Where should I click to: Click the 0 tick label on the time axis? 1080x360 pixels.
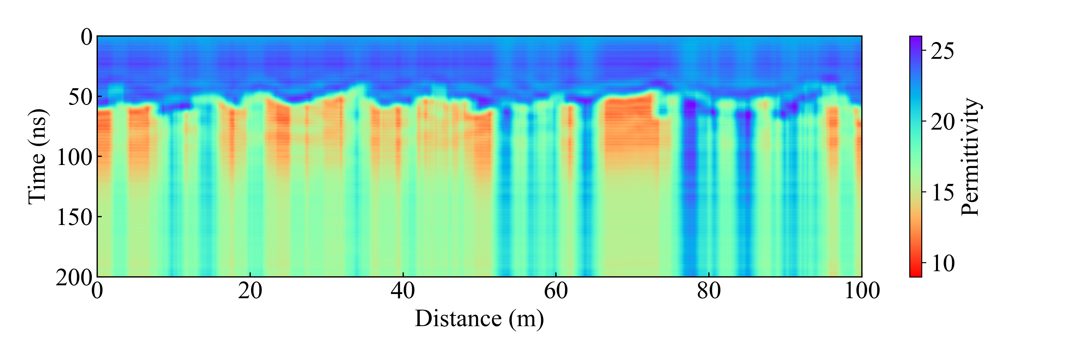[x=86, y=38]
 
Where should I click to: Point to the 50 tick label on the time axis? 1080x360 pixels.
[x=80, y=97]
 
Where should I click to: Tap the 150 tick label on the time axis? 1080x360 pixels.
[x=74, y=217]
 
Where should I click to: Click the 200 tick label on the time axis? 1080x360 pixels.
[x=74, y=277]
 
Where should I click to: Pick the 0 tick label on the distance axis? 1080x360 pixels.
[x=97, y=291]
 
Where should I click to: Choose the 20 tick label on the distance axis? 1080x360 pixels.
[x=250, y=291]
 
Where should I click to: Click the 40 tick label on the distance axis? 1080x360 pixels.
[x=403, y=291]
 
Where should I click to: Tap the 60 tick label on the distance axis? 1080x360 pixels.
[x=556, y=291]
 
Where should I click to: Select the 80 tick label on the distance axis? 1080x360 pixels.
[x=709, y=291]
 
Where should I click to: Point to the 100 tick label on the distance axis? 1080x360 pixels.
[x=862, y=291]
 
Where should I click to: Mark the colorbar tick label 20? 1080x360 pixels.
[x=942, y=122]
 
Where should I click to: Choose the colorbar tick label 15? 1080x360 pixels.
[x=942, y=193]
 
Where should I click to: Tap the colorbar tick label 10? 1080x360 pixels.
[x=942, y=264]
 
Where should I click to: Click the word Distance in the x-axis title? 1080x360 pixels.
[x=458, y=319]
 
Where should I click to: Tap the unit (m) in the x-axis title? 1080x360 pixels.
[x=526, y=319]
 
